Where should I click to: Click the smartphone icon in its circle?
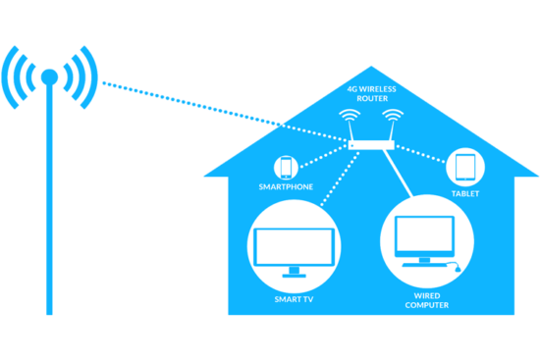coord(287,166)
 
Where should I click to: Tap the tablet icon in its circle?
coord(464,166)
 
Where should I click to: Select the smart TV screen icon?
coord(292,245)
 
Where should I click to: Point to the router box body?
coord(369,145)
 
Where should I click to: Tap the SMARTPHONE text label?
coord(286,186)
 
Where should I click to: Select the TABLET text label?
coord(464,193)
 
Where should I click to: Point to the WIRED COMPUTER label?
coord(425,301)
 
